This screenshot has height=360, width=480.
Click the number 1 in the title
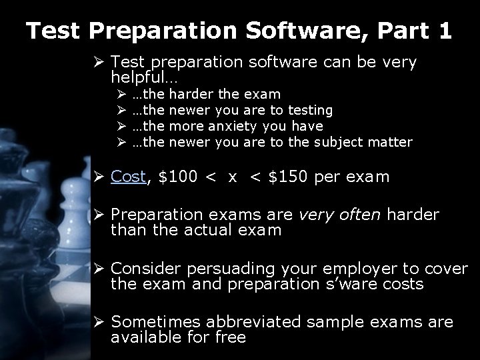[x=444, y=30]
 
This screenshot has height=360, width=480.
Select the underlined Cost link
[x=128, y=177]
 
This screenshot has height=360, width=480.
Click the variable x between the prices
[x=251, y=177]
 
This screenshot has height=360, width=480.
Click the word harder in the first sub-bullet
[x=194, y=95]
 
